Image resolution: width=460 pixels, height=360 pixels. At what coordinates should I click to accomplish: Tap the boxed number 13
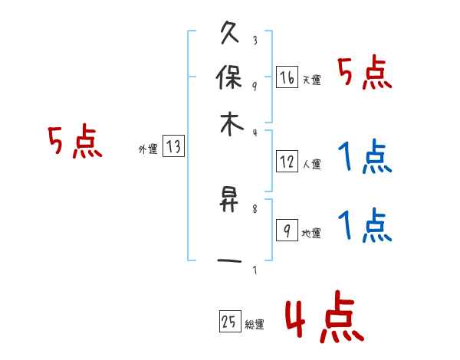pos(174,147)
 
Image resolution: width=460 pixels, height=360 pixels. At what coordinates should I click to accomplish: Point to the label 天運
pos(312,80)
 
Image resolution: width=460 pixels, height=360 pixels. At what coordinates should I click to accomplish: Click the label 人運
pos(312,164)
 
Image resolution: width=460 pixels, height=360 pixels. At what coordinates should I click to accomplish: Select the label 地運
pos(312,233)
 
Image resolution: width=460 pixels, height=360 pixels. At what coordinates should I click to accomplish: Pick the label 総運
pos(255,324)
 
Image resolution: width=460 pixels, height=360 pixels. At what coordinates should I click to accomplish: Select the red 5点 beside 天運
pos(365,75)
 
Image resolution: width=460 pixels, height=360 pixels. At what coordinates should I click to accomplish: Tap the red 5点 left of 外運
pos(74,143)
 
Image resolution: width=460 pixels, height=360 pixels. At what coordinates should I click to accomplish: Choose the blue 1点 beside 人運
pos(365,159)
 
